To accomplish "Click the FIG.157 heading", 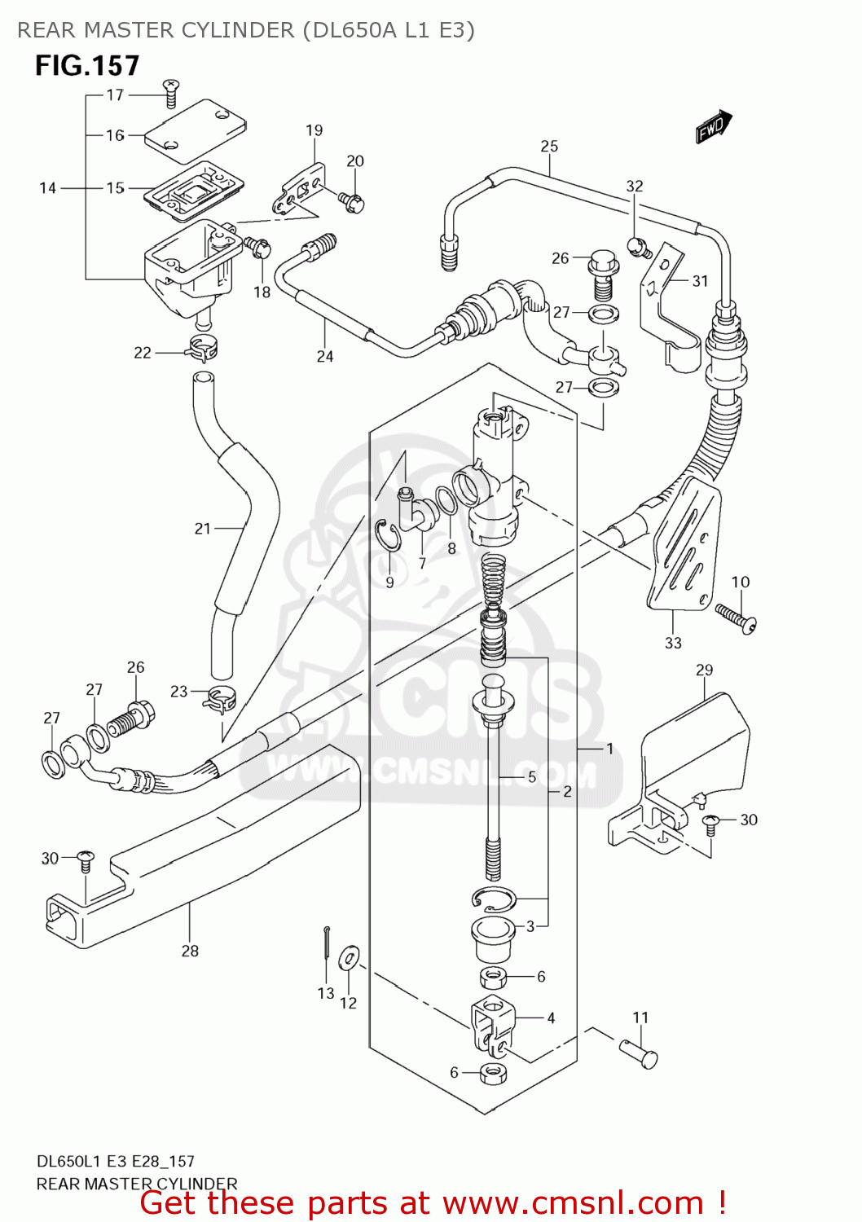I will click(x=87, y=66).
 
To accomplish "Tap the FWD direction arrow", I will click(x=713, y=127).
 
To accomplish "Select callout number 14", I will click(x=48, y=188).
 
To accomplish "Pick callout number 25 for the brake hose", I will click(x=549, y=147).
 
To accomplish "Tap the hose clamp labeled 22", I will click(x=202, y=348).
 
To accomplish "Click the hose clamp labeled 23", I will click(x=220, y=698).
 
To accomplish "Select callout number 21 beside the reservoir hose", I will click(x=203, y=529).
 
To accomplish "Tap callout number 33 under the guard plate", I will click(x=673, y=643).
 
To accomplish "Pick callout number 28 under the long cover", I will click(x=190, y=951).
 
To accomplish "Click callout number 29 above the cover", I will click(x=704, y=670).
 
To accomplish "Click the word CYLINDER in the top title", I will click(x=237, y=30).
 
